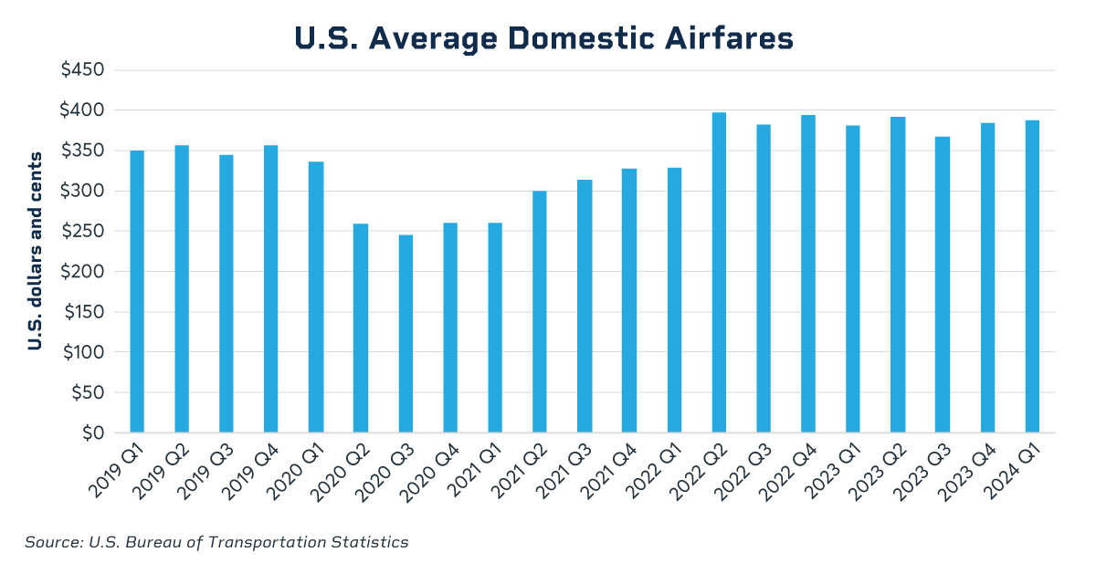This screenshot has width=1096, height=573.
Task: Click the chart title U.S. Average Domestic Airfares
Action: click(x=544, y=38)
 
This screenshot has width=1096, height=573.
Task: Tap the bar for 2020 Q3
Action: click(x=406, y=333)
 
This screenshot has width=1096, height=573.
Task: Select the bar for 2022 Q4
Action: click(x=808, y=274)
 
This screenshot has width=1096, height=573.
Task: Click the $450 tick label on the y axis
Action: click(x=81, y=70)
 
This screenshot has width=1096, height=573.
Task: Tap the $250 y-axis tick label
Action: click(x=81, y=232)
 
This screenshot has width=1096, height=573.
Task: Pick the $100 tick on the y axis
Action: click(x=81, y=352)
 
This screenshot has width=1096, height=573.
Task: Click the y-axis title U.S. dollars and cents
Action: click(x=34, y=252)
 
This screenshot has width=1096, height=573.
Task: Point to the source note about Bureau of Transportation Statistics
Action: click(x=216, y=542)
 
